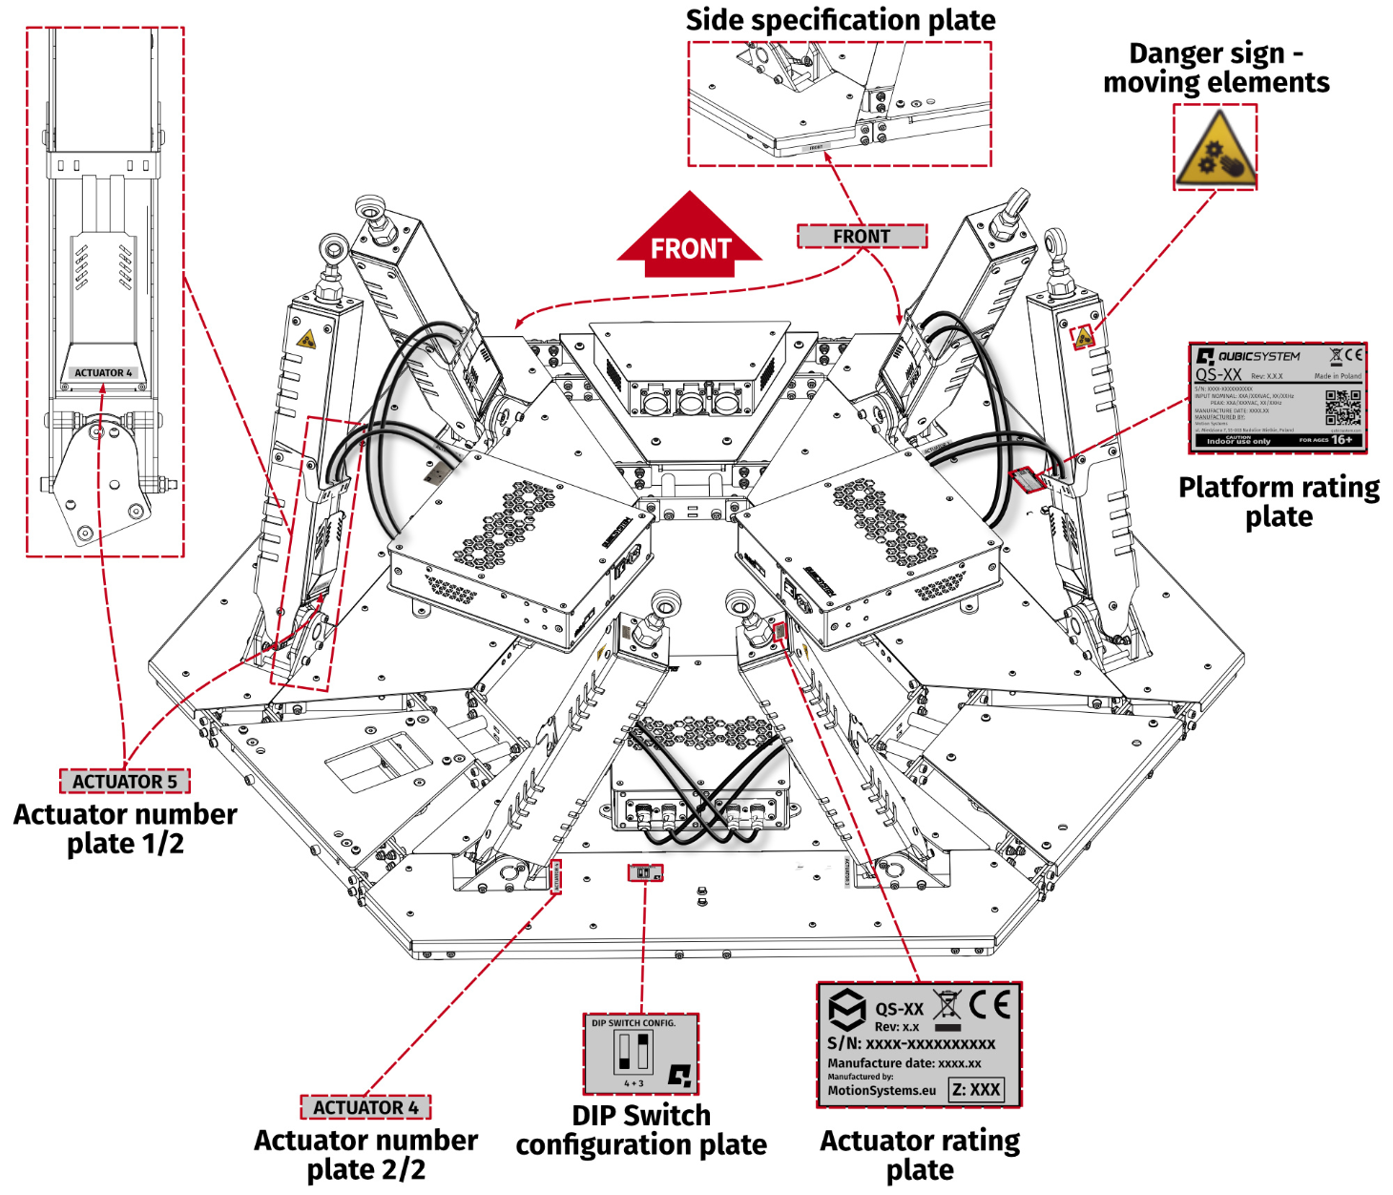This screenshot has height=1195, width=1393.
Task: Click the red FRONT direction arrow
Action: coord(690,240)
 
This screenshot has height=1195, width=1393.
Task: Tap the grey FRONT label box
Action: coord(862,237)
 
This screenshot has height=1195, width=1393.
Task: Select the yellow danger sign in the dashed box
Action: coord(1215,148)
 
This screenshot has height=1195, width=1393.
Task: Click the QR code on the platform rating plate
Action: coord(1342,407)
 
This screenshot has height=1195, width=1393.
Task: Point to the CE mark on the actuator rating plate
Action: coord(989,1005)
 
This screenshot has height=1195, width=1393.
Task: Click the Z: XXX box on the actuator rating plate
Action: coord(976,1089)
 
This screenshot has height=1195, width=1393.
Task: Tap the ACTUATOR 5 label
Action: coord(125,781)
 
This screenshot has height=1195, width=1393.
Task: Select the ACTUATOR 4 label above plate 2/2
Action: coord(365,1107)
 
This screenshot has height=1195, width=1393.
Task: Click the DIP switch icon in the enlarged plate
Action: coord(634,1053)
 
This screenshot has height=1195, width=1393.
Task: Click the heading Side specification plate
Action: coord(841,20)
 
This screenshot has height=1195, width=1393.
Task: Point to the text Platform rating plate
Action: coord(1279,501)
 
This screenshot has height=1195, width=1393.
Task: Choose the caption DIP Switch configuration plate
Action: coord(641,1130)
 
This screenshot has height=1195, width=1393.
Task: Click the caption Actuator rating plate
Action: coord(920,1155)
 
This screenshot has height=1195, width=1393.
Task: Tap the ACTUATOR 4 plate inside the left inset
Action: coord(104,372)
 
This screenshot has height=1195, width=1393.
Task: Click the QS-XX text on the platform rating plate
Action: coord(1218,375)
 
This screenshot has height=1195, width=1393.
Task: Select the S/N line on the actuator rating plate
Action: coord(911,1043)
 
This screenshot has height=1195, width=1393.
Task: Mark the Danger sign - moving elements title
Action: coord(1216,68)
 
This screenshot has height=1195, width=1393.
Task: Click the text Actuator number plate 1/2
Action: coord(125,828)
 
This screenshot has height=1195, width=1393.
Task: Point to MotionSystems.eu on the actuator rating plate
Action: coord(882,1090)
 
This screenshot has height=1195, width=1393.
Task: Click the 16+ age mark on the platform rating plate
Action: coord(1341,440)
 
